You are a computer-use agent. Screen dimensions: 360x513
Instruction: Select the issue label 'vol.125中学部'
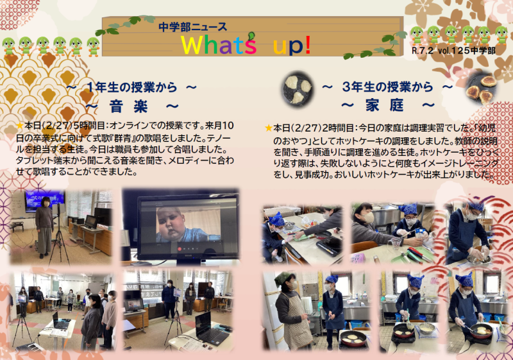(x=472, y=49)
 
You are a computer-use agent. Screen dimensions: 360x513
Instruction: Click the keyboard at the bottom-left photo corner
(x=24, y=347)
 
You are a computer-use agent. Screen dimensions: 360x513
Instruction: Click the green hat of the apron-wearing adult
(x=283, y=277)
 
